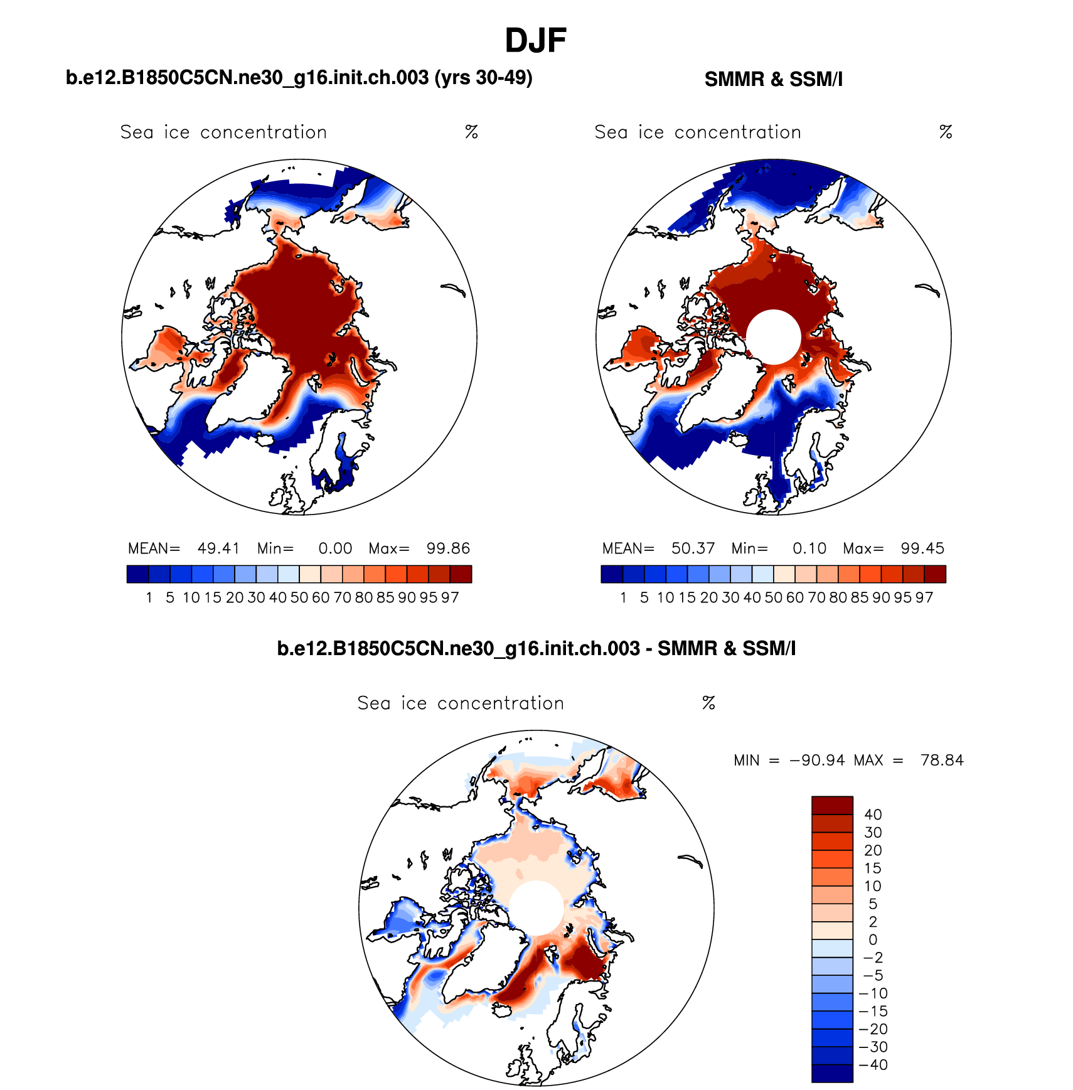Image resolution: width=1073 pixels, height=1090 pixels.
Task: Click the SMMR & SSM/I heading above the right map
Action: click(x=773, y=80)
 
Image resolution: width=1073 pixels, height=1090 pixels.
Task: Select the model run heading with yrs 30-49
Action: click(x=299, y=78)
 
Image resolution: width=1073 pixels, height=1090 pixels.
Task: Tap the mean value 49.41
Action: click(x=218, y=548)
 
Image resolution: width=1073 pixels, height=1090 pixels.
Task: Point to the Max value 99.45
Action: click(x=922, y=548)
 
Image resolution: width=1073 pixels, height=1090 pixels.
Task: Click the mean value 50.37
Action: click(x=693, y=548)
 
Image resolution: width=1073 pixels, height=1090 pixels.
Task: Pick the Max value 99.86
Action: click(x=448, y=548)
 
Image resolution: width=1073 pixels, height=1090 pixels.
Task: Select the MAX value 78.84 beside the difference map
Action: click(x=941, y=761)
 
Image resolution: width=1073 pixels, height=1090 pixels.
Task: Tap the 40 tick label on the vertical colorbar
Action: click(x=873, y=815)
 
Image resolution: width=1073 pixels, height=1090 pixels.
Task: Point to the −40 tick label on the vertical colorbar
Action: click(x=873, y=1065)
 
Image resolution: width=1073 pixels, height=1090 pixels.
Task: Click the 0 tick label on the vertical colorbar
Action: click(x=873, y=940)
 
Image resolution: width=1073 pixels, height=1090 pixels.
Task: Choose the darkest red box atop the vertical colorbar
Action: click(x=832, y=805)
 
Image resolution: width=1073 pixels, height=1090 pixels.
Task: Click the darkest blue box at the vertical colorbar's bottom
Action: click(x=832, y=1074)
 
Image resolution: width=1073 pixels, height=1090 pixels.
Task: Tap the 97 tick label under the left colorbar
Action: click(x=450, y=597)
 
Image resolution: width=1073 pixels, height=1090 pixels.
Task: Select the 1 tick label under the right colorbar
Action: click(x=623, y=597)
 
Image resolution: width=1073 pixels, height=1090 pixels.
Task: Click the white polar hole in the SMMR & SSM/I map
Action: click(x=774, y=337)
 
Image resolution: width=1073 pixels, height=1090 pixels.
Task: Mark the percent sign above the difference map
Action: click(x=708, y=703)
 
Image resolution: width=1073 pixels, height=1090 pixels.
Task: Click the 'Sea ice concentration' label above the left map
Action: click(x=223, y=132)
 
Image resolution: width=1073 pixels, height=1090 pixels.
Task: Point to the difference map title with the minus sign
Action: click(x=536, y=648)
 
